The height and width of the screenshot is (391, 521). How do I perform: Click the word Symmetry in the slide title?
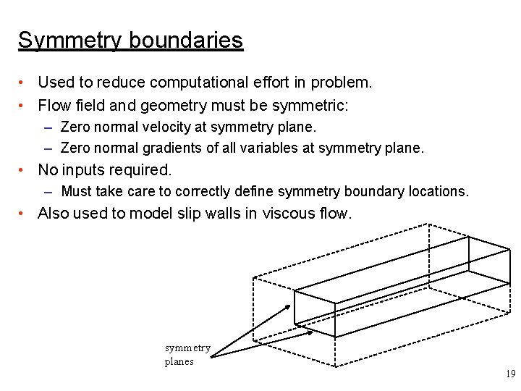(70, 40)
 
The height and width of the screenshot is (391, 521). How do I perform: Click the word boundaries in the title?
(186, 40)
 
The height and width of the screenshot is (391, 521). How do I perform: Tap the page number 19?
(510, 374)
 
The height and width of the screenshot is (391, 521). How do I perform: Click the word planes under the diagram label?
(179, 361)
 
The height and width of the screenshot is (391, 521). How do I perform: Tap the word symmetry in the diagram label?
(187, 348)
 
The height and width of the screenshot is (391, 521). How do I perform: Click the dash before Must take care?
(48, 192)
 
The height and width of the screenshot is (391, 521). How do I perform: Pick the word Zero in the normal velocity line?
(74, 127)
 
